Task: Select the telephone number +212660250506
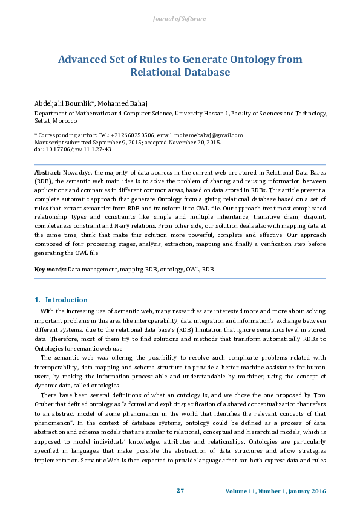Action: click(133, 135)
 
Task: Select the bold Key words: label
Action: click(50, 268)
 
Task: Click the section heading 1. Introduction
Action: click(61, 300)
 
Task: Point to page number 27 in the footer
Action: click(180, 491)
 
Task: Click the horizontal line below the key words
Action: click(180, 278)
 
